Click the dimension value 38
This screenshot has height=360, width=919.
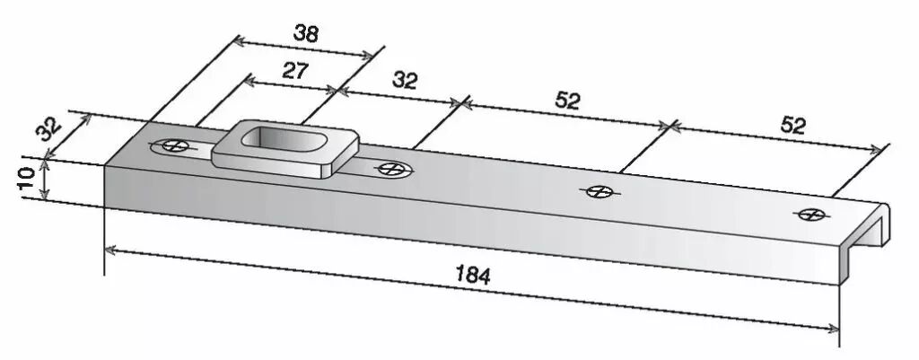305,34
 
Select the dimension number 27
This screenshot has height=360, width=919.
295,71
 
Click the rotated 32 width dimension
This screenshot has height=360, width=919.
49,129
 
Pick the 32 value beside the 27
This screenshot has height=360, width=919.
405,80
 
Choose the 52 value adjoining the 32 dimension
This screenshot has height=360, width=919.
567,101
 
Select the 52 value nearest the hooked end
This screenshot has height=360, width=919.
792,126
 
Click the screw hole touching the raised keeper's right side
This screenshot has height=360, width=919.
390,169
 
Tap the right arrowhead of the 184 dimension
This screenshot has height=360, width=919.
834,329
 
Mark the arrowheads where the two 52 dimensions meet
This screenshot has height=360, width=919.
670,126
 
